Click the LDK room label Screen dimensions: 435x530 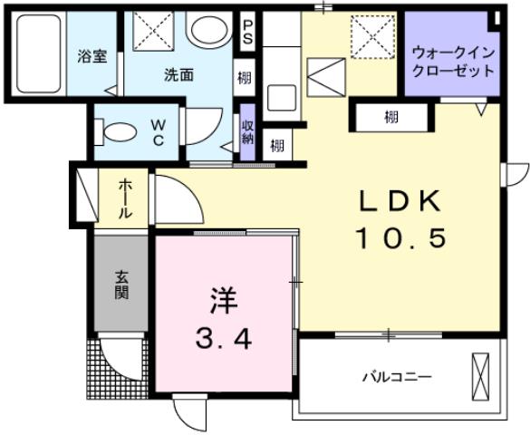pyautogui.click(x=402, y=202)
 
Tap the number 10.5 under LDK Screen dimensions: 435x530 pyautogui.click(x=401, y=238)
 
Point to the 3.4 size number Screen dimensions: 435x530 pyautogui.click(x=223, y=339)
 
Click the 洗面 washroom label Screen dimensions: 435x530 pyautogui.click(x=178, y=75)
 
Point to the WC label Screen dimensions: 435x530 pyautogui.click(x=155, y=133)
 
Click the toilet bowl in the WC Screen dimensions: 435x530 pyautogui.click(x=114, y=132)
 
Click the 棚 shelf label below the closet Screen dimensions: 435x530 pyautogui.click(x=390, y=117)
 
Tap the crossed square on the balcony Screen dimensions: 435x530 pyautogui.click(x=480, y=373)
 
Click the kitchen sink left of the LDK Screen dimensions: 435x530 pyautogui.click(x=282, y=97)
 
